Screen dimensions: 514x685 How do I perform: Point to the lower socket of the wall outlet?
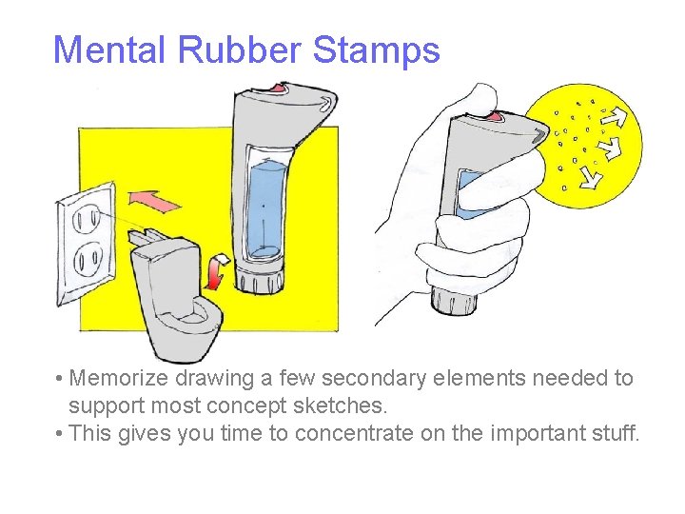click(88, 258)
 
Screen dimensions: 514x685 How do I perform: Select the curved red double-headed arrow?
click(218, 270)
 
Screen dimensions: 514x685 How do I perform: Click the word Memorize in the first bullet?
click(120, 379)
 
